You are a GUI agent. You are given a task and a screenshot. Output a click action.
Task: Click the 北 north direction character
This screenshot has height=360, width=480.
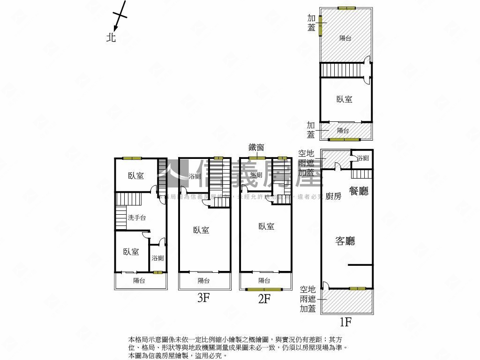click(111, 37)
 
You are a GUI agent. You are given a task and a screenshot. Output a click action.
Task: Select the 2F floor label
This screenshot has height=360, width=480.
click(264, 298)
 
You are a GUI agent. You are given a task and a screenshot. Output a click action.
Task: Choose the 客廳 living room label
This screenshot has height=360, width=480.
click(345, 241)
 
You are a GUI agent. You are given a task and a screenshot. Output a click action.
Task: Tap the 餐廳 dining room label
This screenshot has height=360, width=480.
click(359, 191)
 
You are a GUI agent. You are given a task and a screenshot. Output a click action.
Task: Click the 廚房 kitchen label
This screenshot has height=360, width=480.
click(333, 196)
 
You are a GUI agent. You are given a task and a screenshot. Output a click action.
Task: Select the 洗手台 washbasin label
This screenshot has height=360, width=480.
click(137, 218)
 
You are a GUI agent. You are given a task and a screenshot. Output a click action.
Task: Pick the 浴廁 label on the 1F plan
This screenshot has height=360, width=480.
click(363, 158)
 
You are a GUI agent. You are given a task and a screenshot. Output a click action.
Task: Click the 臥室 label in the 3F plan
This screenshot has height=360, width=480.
click(201, 230)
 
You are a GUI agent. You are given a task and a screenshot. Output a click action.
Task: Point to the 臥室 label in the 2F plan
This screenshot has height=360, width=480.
click(266, 226)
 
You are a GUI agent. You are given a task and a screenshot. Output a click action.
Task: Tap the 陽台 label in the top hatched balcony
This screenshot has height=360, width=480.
click(345, 38)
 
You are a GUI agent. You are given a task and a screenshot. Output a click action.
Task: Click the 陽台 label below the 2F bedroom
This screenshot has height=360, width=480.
click(264, 281)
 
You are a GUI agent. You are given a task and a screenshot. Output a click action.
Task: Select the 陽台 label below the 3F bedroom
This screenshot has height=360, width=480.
click(203, 281)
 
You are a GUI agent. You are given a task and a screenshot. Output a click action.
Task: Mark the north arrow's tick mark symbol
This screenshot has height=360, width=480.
click(120, 15)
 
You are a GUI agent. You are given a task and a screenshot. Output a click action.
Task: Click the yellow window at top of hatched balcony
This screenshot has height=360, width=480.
click(346, 8)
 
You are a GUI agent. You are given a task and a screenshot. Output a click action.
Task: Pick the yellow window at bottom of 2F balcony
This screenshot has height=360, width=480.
click(264, 289)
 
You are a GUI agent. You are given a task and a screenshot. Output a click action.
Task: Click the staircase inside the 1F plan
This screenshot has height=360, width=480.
click(361, 174)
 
